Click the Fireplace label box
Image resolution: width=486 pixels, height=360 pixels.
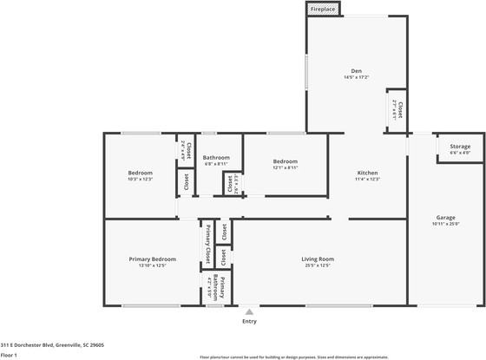(x=323, y=9)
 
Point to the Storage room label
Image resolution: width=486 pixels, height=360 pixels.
(x=460, y=147)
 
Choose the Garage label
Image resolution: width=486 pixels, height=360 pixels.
(x=446, y=217)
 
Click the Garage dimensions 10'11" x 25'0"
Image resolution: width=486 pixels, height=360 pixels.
(x=446, y=224)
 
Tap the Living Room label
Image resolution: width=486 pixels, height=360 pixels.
(x=319, y=259)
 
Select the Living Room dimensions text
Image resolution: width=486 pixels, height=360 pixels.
(x=319, y=265)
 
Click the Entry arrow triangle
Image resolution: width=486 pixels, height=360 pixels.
(x=249, y=311)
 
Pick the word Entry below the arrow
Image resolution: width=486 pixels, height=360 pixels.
(x=249, y=321)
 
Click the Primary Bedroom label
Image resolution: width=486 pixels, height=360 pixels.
(x=153, y=259)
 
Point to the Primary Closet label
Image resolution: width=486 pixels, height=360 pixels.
(x=208, y=245)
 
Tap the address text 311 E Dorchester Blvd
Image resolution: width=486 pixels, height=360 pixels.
(x=52, y=344)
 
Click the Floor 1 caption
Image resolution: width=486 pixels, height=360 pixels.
(x=10, y=355)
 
